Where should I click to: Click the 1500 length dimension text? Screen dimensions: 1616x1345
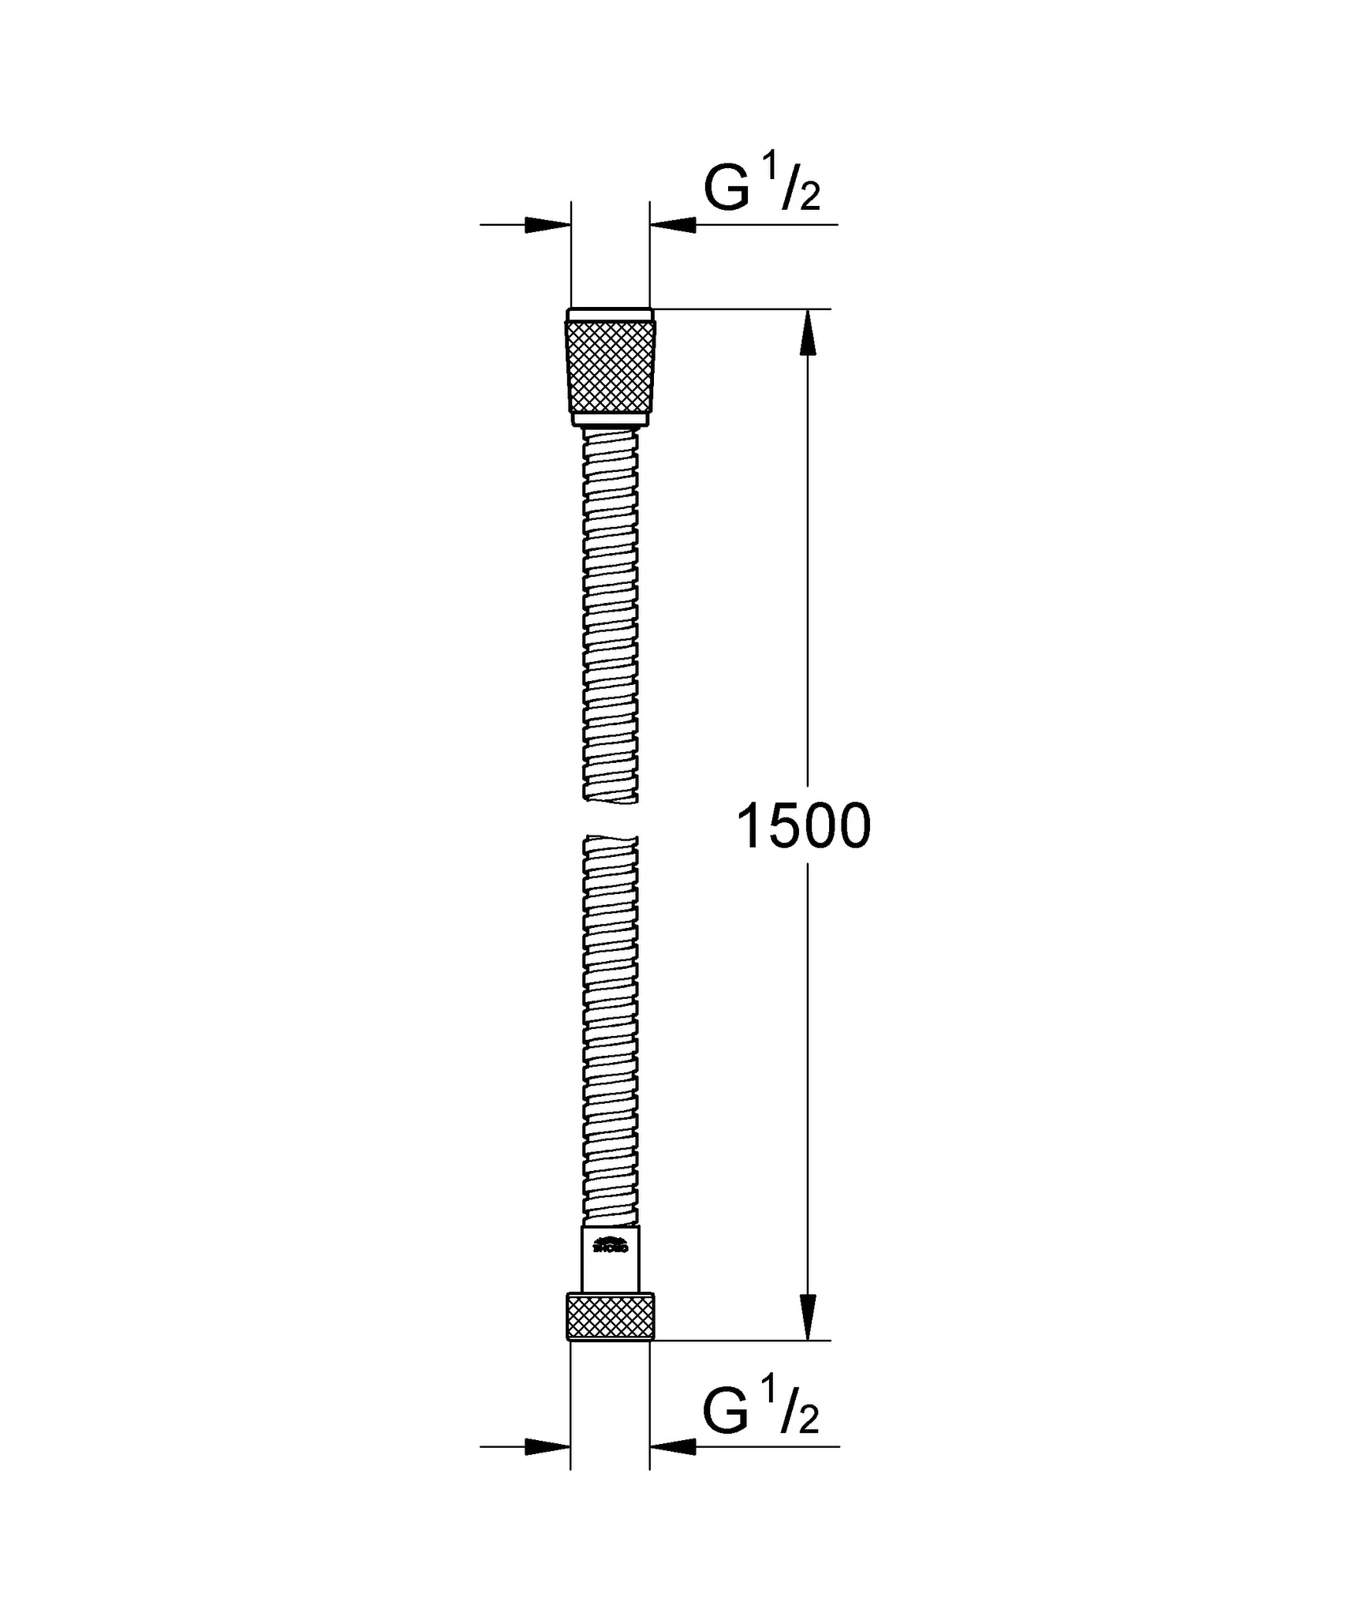click(803, 826)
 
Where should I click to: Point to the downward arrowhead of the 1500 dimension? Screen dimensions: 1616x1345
click(807, 1315)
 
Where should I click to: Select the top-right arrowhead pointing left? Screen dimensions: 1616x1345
click(673, 225)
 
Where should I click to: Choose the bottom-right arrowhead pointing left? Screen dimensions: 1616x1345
click(673, 1446)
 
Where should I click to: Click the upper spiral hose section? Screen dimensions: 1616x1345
click(610, 615)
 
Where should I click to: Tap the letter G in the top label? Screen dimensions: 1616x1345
click(726, 190)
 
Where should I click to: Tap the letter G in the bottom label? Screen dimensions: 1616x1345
click(725, 1413)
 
